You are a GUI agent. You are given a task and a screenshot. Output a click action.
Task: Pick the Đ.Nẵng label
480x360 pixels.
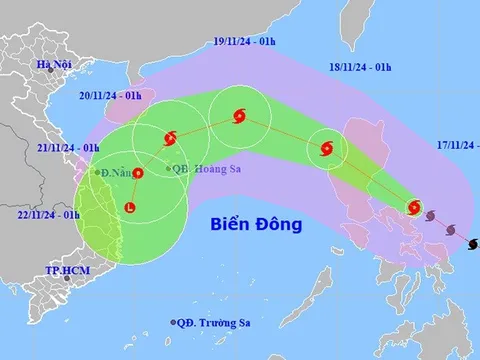coord(118,173)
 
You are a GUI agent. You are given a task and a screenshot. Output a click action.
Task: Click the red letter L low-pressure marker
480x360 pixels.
coord(129,208)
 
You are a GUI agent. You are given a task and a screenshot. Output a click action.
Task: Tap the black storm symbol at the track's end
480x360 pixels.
coord(472,241)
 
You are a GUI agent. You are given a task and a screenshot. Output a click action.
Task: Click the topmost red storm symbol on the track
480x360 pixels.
coord(238,117)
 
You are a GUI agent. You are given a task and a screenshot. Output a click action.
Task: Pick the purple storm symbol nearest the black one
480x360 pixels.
coord(451,228)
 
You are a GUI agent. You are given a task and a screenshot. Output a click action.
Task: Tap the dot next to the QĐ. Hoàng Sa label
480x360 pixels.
coord(168,168)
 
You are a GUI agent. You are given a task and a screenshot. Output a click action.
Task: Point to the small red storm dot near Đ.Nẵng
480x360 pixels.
coord(138,173)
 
